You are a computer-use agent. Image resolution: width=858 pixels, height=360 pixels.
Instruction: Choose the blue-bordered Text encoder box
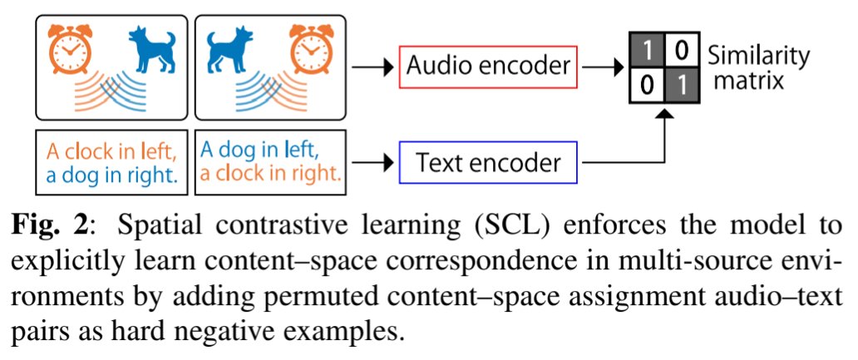pyautogui.click(x=488, y=162)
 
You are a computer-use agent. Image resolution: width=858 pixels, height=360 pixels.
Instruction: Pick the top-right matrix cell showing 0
pyautogui.click(x=679, y=52)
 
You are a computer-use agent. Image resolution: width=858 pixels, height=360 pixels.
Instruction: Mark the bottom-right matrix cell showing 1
pyautogui.click(x=679, y=84)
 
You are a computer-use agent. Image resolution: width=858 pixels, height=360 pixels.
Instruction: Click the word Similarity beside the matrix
pyautogui.click(x=758, y=56)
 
